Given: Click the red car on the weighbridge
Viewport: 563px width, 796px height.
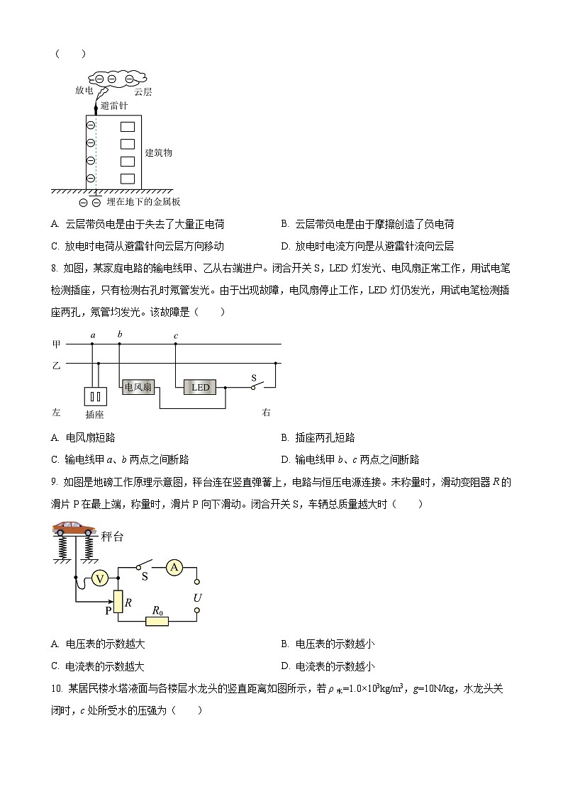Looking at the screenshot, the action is click(x=73, y=528).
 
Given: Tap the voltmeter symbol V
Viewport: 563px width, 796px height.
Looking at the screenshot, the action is click(x=100, y=578).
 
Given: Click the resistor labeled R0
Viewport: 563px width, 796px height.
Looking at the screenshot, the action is click(x=157, y=621).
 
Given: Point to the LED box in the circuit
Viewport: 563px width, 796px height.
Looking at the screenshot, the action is click(x=201, y=387).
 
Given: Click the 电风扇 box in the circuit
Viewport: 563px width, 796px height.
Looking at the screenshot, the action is click(x=138, y=387).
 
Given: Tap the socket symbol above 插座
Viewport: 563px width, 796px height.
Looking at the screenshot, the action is click(x=95, y=396).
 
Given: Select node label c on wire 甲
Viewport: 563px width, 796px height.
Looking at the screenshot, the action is click(x=175, y=335).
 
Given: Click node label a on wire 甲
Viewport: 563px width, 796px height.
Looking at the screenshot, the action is click(x=92, y=335).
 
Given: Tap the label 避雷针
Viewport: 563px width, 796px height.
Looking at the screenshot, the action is click(x=113, y=106).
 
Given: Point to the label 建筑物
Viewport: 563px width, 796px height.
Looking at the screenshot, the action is click(x=158, y=152).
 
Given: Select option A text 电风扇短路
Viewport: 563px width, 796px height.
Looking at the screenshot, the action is click(x=90, y=437).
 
